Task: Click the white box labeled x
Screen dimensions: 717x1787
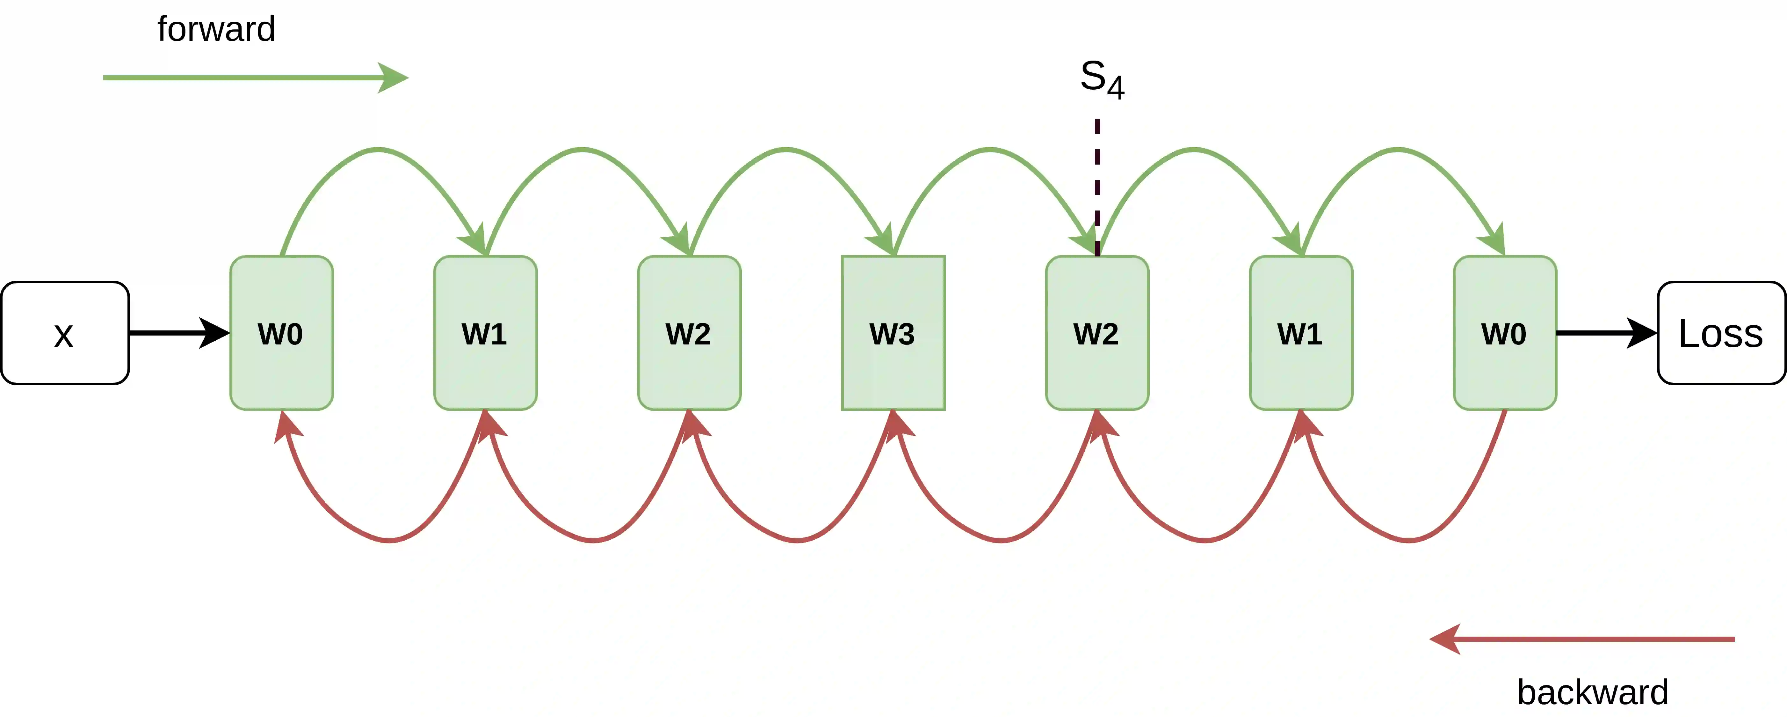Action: (x=64, y=333)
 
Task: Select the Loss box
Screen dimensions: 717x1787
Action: (x=1720, y=333)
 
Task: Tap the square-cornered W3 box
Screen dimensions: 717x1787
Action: (x=893, y=333)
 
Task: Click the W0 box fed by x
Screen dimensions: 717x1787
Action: (x=281, y=333)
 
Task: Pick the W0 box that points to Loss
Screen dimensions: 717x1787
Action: (x=1505, y=333)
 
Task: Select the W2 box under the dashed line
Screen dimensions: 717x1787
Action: (x=1097, y=333)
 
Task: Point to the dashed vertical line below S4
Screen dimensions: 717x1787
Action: (x=1097, y=188)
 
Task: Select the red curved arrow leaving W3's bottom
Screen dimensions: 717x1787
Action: (x=798, y=539)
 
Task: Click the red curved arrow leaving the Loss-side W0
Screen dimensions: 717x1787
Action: (x=1410, y=539)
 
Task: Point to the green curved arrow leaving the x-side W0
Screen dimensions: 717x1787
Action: (x=378, y=149)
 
